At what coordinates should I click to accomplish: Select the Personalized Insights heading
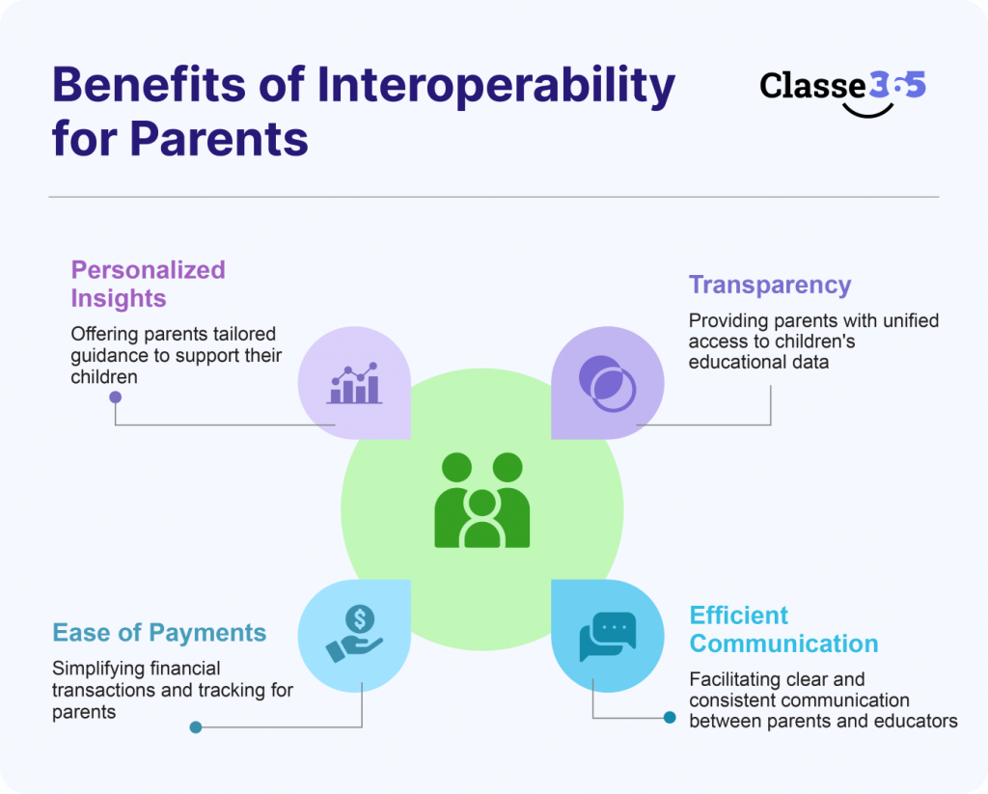(x=148, y=284)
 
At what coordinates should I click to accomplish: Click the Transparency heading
(x=769, y=285)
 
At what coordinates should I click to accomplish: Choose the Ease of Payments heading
(x=159, y=633)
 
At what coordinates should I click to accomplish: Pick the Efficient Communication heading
(x=783, y=629)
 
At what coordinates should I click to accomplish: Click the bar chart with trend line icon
(x=355, y=383)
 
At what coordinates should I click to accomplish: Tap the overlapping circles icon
(x=607, y=383)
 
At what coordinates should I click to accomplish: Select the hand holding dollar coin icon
(x=354, y=633)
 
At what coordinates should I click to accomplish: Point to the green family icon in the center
(x=481, y=500)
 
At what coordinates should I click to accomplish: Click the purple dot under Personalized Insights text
(x=115, y=397)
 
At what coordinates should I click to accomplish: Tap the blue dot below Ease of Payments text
(x=196, y=727)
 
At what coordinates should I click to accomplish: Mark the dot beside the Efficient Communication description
(x=670, y=718)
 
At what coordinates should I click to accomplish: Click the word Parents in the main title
(x=219, y=139)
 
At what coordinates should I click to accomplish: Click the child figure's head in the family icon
(x=481, y=504)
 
